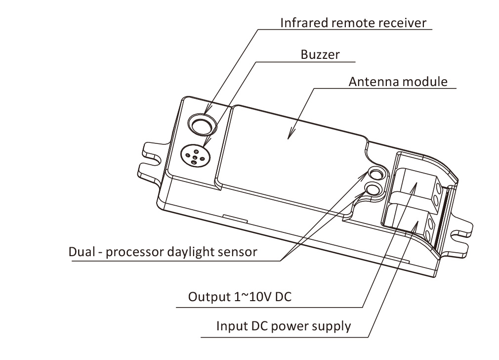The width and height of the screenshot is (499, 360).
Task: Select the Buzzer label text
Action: [320, 54]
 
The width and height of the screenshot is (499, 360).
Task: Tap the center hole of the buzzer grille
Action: [194, 154]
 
